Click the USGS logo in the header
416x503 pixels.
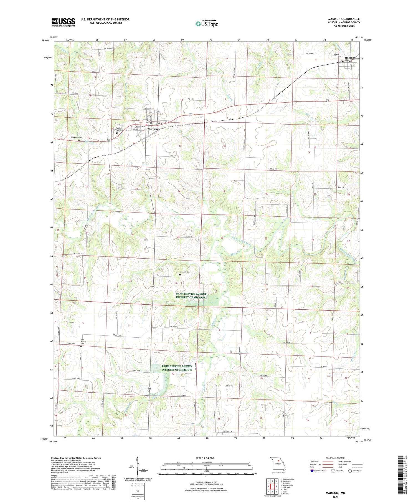(x=63, y=22)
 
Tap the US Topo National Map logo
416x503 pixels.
(x=207, y=24)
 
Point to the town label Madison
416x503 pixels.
(x=153, y=129)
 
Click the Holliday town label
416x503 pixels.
(x=350, y=58)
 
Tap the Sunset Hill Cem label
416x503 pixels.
(x=120, y=129)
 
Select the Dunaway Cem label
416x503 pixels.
(x=76, y=138)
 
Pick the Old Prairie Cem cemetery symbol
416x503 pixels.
(x=81, y=347)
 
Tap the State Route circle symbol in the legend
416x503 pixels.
(x=350, y=471)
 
